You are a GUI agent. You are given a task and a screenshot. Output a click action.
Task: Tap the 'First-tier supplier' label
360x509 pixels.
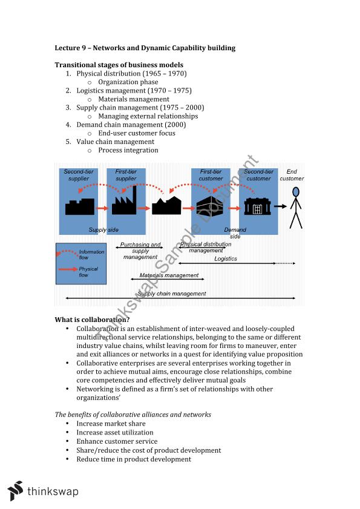(126, 176)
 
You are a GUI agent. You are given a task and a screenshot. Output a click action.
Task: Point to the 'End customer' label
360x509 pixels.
(292, 176)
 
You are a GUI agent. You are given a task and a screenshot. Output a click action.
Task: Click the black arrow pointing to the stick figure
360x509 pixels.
(279, 207)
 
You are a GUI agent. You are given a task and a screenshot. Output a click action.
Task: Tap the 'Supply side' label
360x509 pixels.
(103, 230)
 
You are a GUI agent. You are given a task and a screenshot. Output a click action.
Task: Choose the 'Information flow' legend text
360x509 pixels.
(91, 254)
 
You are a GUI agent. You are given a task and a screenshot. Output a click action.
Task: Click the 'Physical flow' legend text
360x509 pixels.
(88, 272)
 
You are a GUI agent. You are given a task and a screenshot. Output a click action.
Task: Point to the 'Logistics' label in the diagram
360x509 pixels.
(226, 258)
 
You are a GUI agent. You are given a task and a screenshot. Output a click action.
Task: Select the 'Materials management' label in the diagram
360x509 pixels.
(169, 275)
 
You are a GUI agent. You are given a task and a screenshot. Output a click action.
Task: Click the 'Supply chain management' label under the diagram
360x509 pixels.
(172, 294)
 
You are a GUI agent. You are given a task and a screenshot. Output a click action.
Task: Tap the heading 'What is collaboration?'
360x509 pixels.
(92, 320)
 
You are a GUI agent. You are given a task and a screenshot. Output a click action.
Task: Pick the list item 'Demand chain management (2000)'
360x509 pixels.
(131, 125)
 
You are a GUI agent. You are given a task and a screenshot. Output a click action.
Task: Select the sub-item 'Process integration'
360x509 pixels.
(128, 150)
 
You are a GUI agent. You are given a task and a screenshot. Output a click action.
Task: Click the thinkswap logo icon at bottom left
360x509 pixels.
(15, 490)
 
